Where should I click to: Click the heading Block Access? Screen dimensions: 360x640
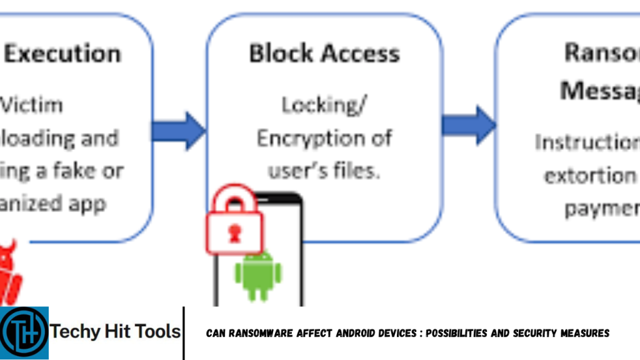pyautogui.click(x=324, y=54)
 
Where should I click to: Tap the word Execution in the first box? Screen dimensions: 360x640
pyautogui.click(x=62, y=54)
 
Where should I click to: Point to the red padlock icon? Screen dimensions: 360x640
pyautogui.click(x=234, y=220)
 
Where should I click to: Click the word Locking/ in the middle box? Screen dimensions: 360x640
pyautogui.click(x=324, y=105)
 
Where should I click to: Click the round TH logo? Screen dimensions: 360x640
pyautogui.click(x=24, y=332)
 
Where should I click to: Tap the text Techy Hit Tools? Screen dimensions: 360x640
pyautogui.click(x=116, y=332)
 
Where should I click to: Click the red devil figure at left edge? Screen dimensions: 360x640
pyautogui.click(x=9, y=269)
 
